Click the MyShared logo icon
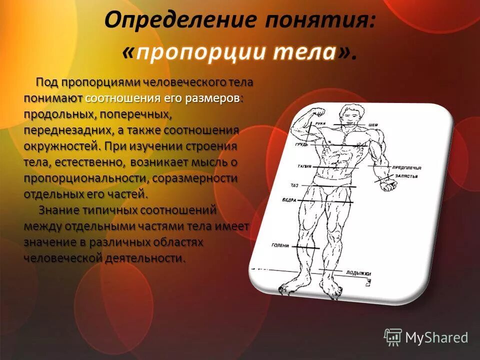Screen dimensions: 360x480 click(x=393, y=337)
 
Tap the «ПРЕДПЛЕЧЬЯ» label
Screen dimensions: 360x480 click(x=406, y=168)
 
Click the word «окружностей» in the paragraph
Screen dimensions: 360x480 click(x=60, y=146)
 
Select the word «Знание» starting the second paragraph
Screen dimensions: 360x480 click(x=59, y=210)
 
